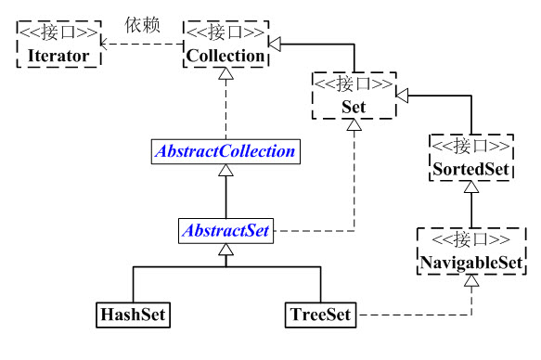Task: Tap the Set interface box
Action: click(x=353, y=96)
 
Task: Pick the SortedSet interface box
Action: click(x=470, y=159)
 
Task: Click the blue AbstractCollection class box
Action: click(x=225, y=150)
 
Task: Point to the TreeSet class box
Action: click(x=318, y=315)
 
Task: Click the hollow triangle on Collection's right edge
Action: click(x=273, y=44)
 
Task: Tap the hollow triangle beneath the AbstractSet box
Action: click(x=225, y=251)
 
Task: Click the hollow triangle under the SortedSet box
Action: click(x=470, y=189)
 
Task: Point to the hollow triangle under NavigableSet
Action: click(x=470, y=282)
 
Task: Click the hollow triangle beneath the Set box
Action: click(x=354, y=126)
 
